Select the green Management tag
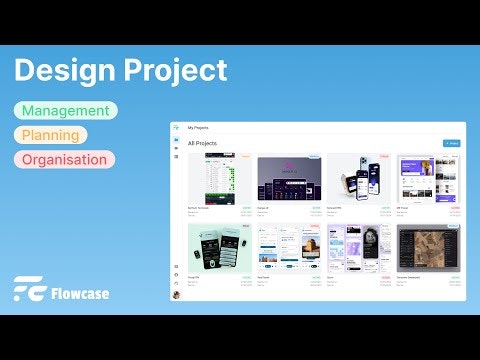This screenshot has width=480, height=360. [65, 110]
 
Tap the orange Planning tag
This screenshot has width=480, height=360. [52, 134]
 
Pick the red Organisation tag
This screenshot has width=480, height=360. [65, 158]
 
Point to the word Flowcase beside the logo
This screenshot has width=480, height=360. [82, 293]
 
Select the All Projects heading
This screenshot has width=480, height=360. [203, 144]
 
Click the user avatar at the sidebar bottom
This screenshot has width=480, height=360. [176, 295]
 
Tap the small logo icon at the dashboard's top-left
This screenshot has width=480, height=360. [176, 128]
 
